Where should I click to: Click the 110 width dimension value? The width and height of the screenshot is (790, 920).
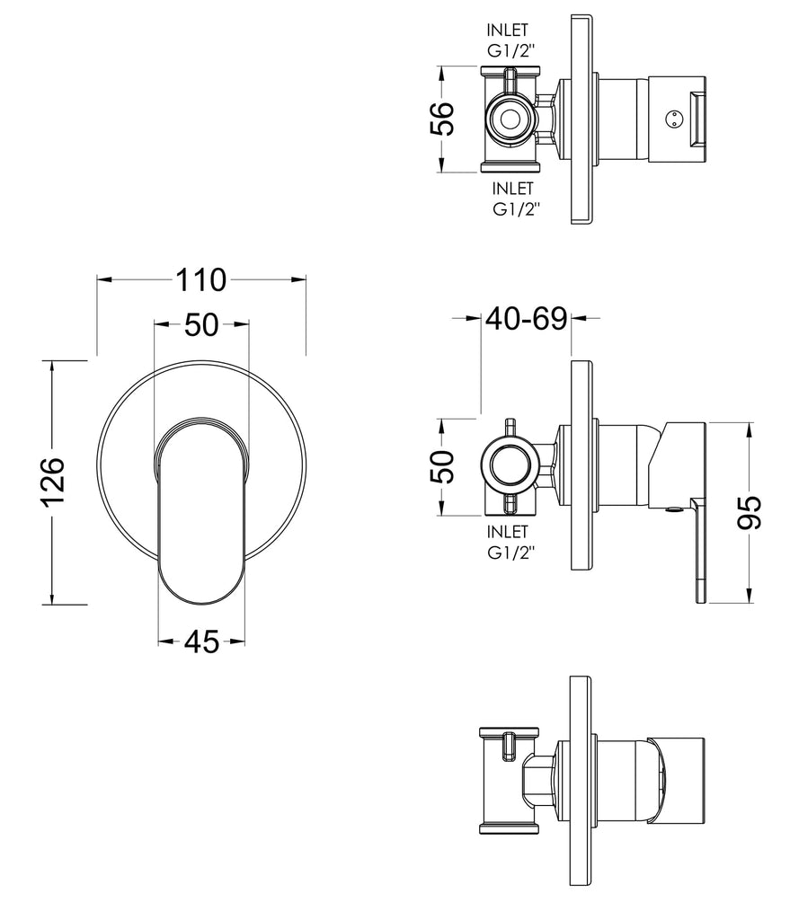click(200, 280)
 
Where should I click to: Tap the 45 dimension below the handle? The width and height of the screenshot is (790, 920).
click(201, 641)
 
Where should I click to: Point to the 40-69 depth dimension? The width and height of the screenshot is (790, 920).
click(526, 319)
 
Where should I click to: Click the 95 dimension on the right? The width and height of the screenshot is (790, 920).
click(750, 512)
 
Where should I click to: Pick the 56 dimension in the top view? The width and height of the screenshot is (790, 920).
click(442, 119)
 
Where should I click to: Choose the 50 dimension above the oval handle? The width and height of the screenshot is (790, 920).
click(201, 324)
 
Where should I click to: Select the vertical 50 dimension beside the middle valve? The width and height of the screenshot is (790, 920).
click(442, 466)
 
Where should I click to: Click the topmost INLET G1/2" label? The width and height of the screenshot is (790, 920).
click(509, 40)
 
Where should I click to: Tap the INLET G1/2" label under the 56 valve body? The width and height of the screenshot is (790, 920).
click(514, 199)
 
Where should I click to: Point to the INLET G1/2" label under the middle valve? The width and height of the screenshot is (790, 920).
click(510, 542)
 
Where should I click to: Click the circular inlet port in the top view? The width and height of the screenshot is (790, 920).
click(510, 119)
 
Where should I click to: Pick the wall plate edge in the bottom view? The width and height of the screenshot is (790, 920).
click(581, 789)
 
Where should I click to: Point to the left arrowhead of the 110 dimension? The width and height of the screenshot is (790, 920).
click(104, 280)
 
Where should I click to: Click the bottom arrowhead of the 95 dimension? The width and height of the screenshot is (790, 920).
click(750, 596)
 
